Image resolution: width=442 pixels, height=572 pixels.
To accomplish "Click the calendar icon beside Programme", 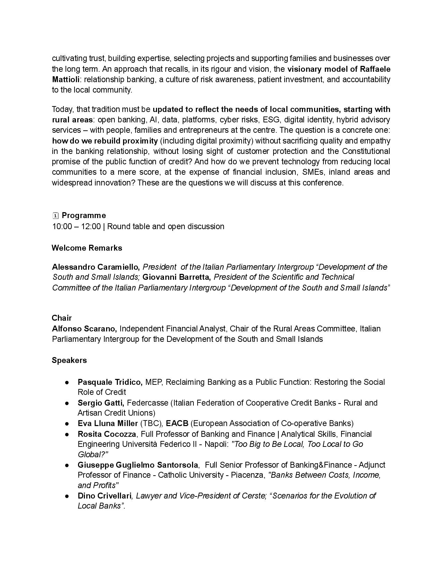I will (x=55, y=216).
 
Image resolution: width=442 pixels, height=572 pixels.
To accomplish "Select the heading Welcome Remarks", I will (x=87, y=248).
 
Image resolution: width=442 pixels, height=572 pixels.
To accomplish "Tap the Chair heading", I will (x=62, y=318).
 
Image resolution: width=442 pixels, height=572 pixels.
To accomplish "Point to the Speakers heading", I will (x=69, y=360).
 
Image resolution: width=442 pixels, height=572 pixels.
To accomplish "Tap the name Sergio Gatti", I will (x=101, y=403).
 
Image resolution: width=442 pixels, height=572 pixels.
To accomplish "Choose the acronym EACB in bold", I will (x=177, y=423).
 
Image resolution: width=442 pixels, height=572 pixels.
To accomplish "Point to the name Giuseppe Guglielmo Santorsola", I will (x=138, y=465).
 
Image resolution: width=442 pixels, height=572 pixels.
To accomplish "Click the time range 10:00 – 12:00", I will (x=76, y=227).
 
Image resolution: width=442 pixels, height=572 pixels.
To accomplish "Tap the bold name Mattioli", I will (x=66, y=79).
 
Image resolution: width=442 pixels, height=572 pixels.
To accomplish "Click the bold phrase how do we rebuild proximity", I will (x=105, y=141).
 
